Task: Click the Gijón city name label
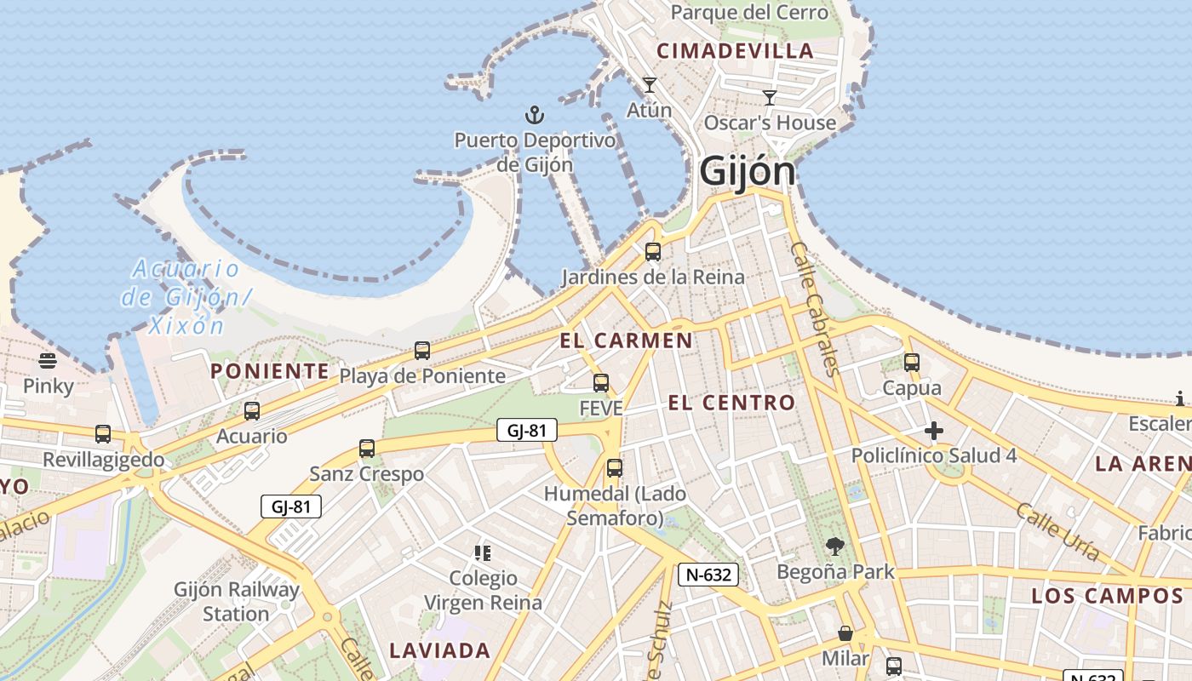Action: tap(747, 171)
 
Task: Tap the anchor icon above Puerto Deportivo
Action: tap(534, 114)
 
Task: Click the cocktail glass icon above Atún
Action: tap(650, 85)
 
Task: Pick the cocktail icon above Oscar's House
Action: tap(770, 98)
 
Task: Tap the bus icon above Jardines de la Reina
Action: tap(653, 251)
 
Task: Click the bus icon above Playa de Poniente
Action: tap(422, 350)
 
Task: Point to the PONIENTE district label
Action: tap(269, 371)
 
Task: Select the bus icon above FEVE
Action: tap(601, 383)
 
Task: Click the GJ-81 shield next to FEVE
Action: tap(526, 431)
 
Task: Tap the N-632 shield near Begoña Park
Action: tap(708, 575)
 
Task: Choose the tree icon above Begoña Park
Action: tap(835, 546)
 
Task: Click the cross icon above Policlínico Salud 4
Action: tap(934, 431)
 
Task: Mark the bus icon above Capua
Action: tap(912, 363)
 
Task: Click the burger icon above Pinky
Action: tap(48, 361)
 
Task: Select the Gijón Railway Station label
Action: tap(237, 601)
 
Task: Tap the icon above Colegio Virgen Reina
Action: tap(483, 553)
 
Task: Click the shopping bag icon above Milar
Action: tap(845, 633)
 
